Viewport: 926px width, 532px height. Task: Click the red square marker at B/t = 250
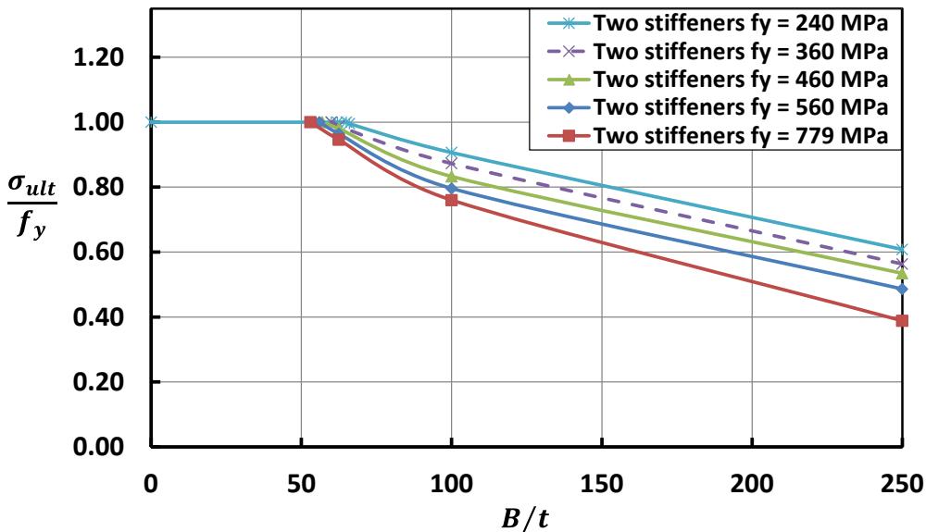pyautogui.click(x=902, y=320)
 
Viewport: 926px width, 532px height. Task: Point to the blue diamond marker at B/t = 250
pyautogui.click(x=902, y=289)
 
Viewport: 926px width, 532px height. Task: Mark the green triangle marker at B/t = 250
pyautogui.click(x=902, y=273)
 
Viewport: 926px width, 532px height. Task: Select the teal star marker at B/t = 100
pyautogui.click(x=451, y=153)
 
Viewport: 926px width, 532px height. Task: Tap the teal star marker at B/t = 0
pyautogui.click(x=151, y=122)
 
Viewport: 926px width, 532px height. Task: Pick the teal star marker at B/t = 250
pyautogui.click(x=902, y=250)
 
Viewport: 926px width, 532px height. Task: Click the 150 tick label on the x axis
pyautogui.click(x=601, y=481)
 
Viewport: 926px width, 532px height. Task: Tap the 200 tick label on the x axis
pyautogui.click(x=752, y=481)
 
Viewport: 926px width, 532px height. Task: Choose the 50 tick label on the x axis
pyautogui.click(x=301, y=481)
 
